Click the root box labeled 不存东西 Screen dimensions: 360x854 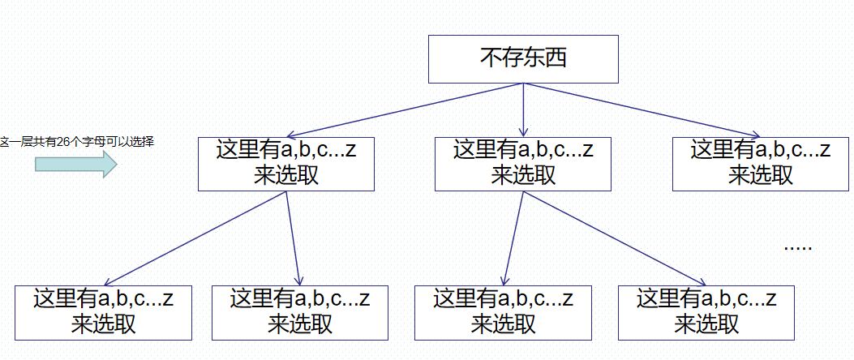coord(523,58)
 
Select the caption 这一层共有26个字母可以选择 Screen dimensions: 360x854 coord(77,142)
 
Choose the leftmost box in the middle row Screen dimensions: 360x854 coord(286,163)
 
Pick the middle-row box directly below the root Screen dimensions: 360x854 coord(523,163)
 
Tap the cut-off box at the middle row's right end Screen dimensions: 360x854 coord(760,163)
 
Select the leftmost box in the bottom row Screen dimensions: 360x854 coord(103,312)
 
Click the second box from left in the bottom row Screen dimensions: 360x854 coord(300,312)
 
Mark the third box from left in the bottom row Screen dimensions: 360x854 coord(503,312)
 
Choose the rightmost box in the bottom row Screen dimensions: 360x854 coord(706,312)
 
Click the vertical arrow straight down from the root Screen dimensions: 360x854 coord(523,109)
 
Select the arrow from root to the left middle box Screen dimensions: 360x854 coord(406,110)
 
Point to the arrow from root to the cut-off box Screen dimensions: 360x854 coord(641,109)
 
